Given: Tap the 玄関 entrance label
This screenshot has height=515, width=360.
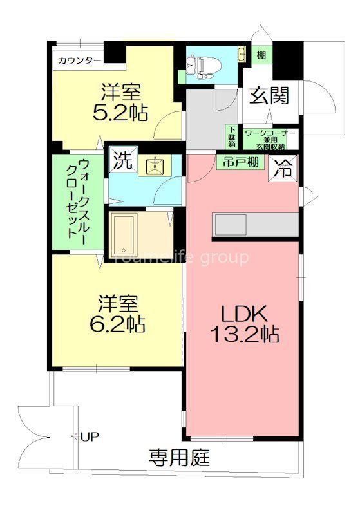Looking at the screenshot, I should pos(270,97).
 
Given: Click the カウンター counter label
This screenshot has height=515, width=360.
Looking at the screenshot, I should pos(79,61).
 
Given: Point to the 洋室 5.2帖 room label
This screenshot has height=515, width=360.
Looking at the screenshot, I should pos(120,102).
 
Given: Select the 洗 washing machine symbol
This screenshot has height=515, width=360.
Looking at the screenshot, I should pos(121,160).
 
